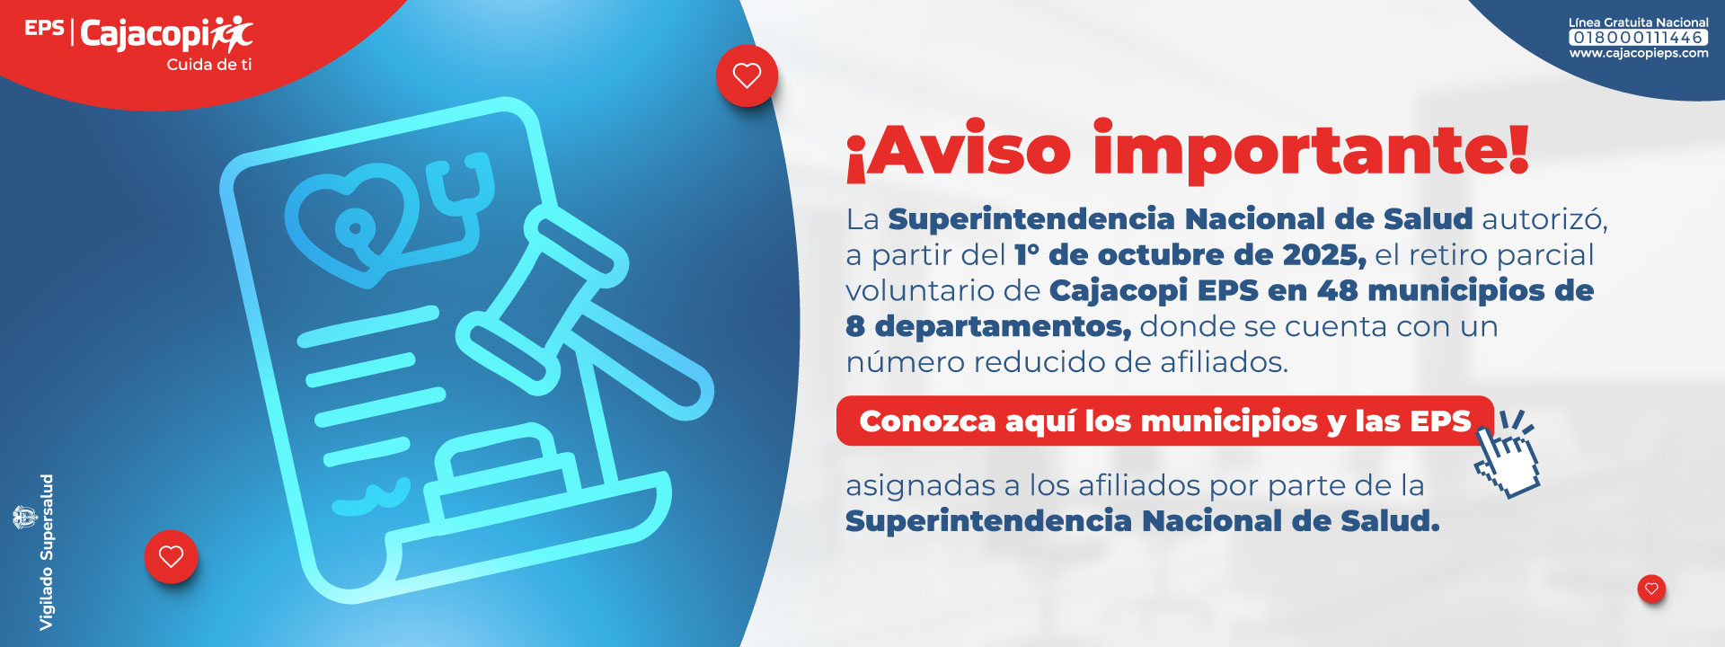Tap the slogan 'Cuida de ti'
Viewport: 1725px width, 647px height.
click(209, 65)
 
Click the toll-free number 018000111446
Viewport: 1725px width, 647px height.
click(1639, 38)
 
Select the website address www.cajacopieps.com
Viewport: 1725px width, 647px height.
click(1639, 53)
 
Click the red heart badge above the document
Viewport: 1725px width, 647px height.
click(747, 75)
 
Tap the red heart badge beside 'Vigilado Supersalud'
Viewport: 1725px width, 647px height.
click(171, 556)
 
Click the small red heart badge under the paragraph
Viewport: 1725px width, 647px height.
click(1651, 589)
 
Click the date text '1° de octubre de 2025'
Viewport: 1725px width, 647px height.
click(1190, 255)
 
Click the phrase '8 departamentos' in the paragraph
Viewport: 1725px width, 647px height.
click(987, 327)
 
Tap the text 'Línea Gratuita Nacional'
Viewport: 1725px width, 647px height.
click(1639, 22)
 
